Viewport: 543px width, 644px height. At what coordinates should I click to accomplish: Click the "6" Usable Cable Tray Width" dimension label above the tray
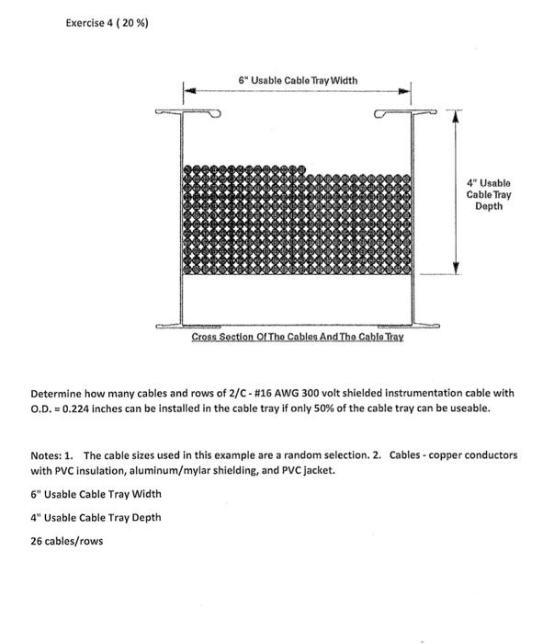(296, 80)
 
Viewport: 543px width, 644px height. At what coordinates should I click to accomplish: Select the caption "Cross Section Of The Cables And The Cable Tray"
(297, 339)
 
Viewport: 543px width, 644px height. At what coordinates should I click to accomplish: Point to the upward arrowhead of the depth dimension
(457, 115)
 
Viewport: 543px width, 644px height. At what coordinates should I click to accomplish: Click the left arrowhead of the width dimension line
(188, 90)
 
